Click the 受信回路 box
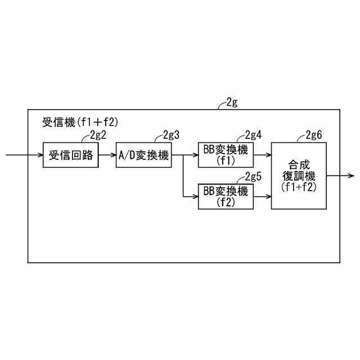(71, 155)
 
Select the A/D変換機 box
(143, 155)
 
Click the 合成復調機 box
(298, 175)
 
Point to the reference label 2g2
(98, 135)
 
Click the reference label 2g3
(171, 135)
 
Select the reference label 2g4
(253, 135)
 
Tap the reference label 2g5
(253, 176)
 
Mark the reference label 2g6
(314, 135)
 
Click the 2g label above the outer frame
(231, 102)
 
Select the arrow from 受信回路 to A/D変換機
(107, 155)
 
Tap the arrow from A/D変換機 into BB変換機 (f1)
(186, 155)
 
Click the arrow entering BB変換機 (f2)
(190, 196)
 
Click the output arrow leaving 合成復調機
(340, 175)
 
